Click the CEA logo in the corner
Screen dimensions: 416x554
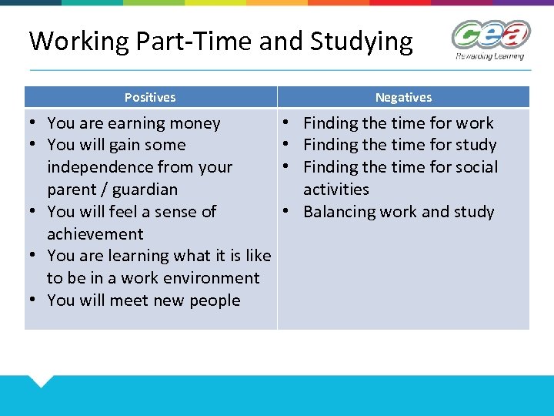[490, 35]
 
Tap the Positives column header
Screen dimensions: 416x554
[150, 98]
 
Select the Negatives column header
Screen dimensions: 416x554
[403, 98]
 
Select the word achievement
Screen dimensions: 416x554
[95, 234]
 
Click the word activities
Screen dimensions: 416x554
[336, 190]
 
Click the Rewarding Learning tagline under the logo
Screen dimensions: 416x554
[489, 56]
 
